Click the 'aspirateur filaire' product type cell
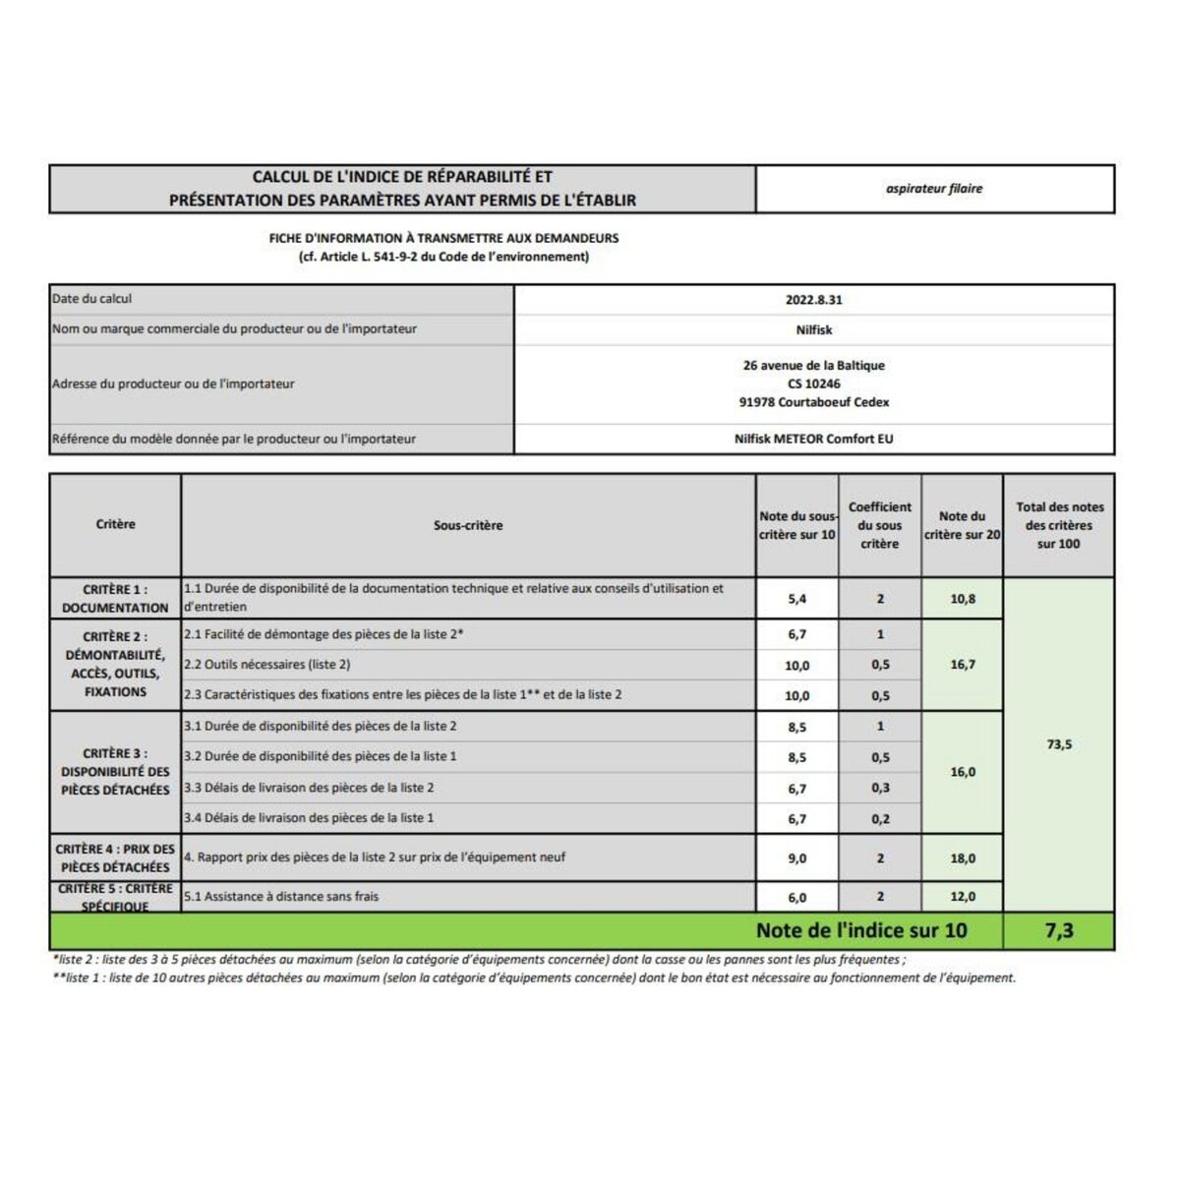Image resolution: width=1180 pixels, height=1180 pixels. coord(934,189)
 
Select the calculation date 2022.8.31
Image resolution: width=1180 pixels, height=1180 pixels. coord(814,300)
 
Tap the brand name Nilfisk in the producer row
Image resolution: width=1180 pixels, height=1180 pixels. coord(814,330)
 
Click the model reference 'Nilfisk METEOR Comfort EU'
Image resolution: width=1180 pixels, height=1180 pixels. coord(814,440)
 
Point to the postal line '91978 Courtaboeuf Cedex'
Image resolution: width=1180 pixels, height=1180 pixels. coord(814,402)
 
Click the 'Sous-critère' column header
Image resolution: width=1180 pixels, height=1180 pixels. coord(468,526)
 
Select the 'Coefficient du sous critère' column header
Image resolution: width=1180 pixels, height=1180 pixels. coord(879,525)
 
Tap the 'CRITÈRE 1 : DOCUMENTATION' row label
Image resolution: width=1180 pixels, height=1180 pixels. coord(115,599)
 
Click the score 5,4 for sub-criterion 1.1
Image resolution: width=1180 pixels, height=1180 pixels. coord(796,599)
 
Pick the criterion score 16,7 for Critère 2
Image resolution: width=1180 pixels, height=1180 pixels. coord(963,665)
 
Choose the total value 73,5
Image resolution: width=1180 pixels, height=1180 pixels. coord(1059,744)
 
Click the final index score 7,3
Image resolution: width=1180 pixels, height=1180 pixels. coord(1059,930)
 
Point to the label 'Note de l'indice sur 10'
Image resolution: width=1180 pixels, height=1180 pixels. coord(861,930)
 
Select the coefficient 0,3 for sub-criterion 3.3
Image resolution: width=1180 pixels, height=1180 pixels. coord(880,789)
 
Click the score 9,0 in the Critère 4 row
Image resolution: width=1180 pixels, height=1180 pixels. coord(796,858)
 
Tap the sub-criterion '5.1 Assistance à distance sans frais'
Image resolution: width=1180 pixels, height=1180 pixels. coord(281,897)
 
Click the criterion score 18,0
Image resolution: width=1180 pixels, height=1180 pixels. coord(963,858)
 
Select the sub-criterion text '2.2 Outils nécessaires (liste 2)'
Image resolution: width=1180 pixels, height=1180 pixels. coord(267,665)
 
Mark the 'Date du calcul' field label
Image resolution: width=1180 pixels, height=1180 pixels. coord(91,299)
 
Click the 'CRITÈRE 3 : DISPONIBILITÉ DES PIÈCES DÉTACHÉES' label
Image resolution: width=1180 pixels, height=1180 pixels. coord(115,772)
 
